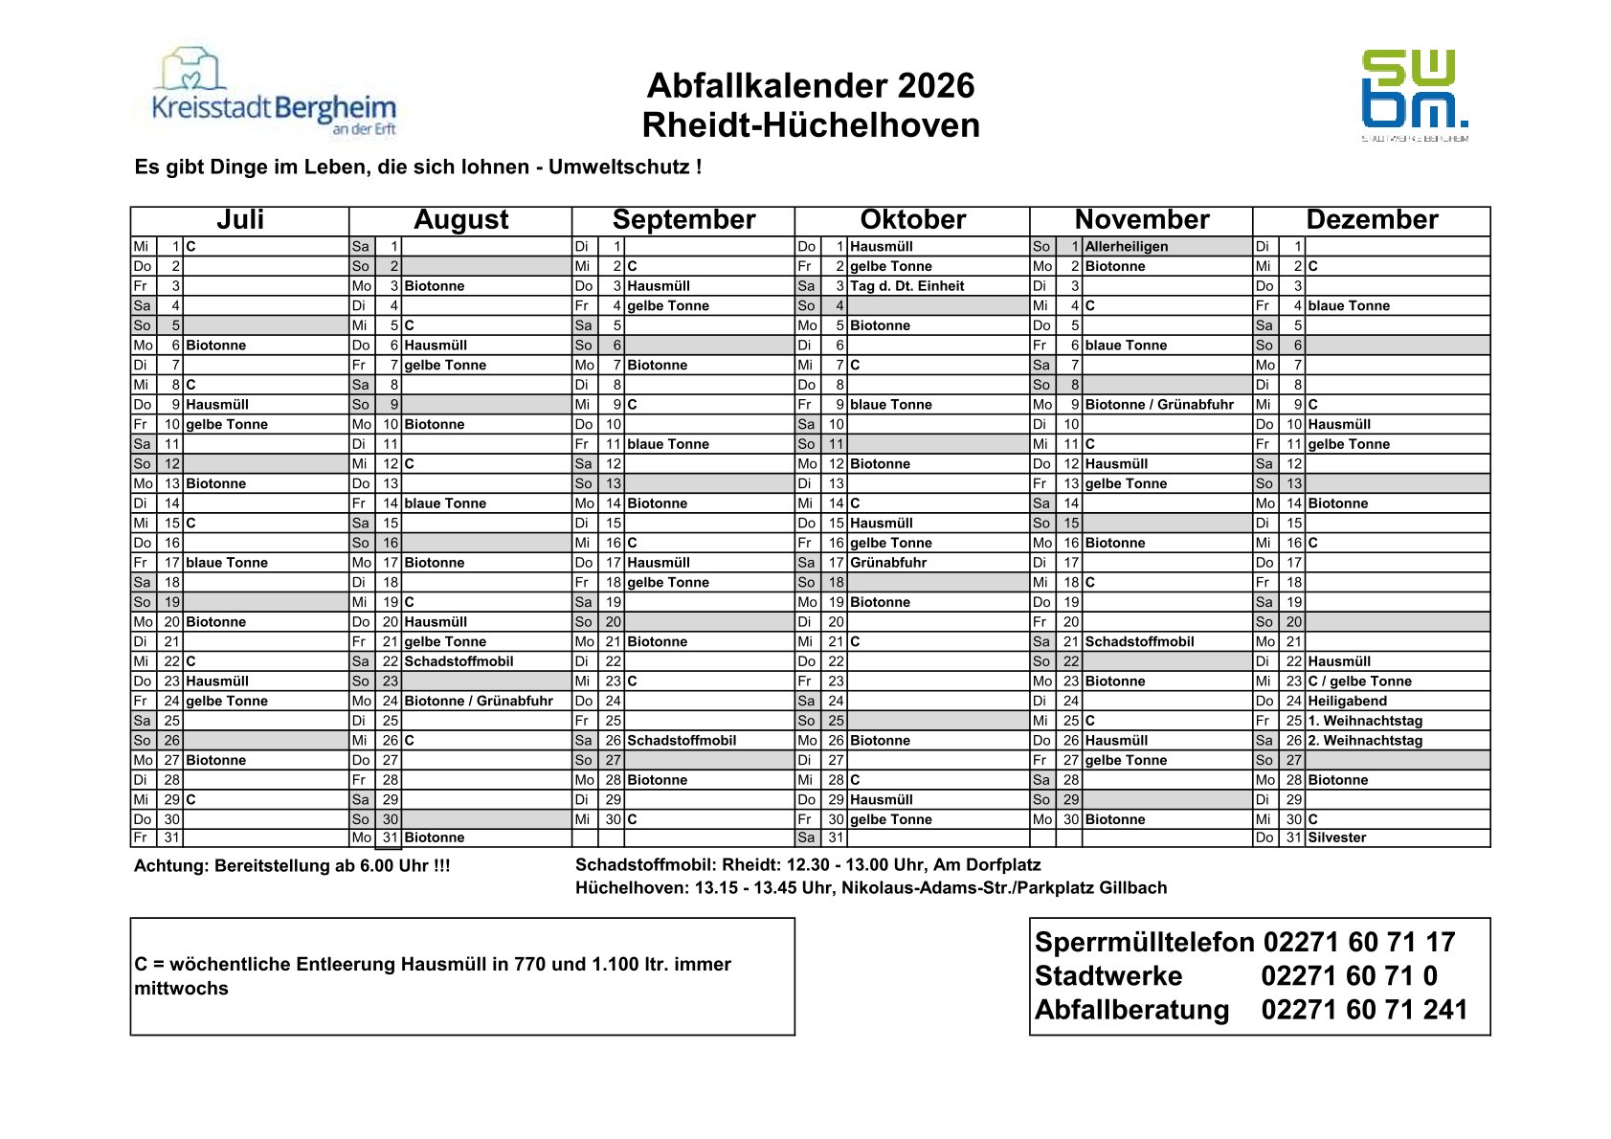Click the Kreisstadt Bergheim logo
(273, 94)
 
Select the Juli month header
(239, 220)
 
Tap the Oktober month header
(912, 220)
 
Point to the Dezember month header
(1371, 220)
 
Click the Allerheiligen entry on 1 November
(1126, 247)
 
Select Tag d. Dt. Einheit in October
(906, 286)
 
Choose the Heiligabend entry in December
(1347, 701)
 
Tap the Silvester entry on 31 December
(1336, 837)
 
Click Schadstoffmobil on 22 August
(459, 661)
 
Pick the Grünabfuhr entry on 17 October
(887, 563)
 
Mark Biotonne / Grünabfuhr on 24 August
(479, 701)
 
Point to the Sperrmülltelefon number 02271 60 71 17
(1358, 943)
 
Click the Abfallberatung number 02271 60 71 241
(1363, 1010)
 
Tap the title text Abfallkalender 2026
(810, 86)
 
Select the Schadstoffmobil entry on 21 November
(1139, 642)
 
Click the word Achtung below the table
(169, 866)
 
